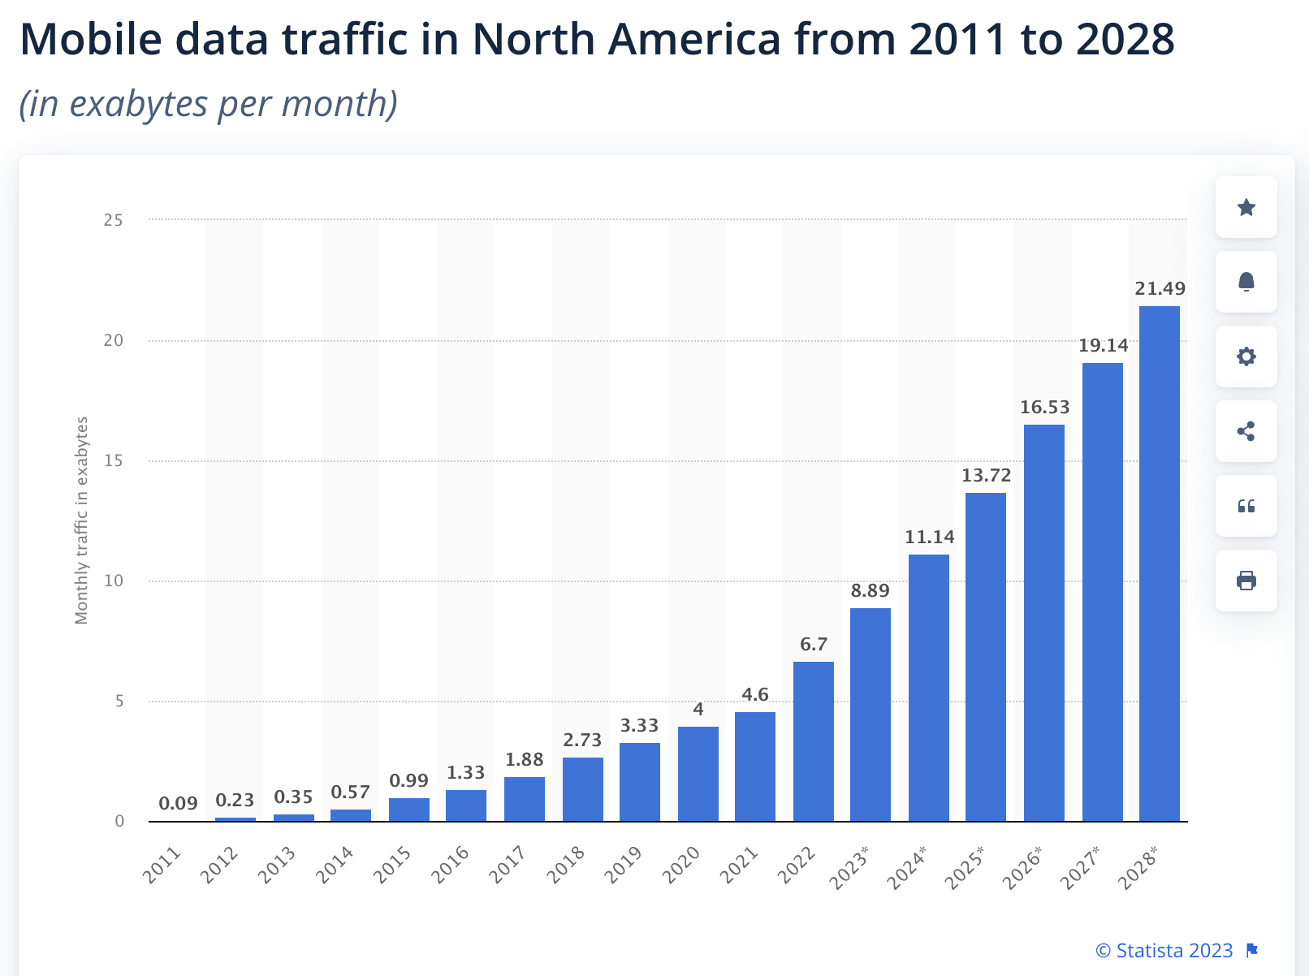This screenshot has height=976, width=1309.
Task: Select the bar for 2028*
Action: point(1159,564)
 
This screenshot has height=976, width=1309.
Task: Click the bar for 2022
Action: point(813,741)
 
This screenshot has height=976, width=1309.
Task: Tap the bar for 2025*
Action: point(985,657)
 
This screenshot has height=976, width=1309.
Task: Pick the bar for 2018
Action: point(582,789)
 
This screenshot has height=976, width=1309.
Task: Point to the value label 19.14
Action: point(1103,346)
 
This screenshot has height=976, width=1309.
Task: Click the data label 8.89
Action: point(870,591)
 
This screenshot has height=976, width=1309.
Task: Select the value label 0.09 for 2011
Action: point(178,804)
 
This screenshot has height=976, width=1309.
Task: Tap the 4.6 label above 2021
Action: point(754,695)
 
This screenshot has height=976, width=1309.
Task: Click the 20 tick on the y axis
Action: point(114,341)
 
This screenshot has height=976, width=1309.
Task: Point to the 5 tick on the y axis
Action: point(119,702)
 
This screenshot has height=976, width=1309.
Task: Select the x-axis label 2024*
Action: point(907,867)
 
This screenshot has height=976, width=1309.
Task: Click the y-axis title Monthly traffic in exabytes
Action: point(81,520)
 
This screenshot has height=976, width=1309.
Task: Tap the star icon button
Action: point(1246,208)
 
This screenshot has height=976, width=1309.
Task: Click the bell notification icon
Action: point(1246,283)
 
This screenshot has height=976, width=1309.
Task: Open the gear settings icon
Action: point(1246,357)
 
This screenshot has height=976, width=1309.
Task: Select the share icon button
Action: point(1246,432)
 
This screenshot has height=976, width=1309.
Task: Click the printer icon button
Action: point(1246,581)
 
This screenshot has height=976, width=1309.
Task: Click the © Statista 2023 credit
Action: point(1164,951)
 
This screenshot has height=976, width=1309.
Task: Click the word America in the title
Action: point(694,39)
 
